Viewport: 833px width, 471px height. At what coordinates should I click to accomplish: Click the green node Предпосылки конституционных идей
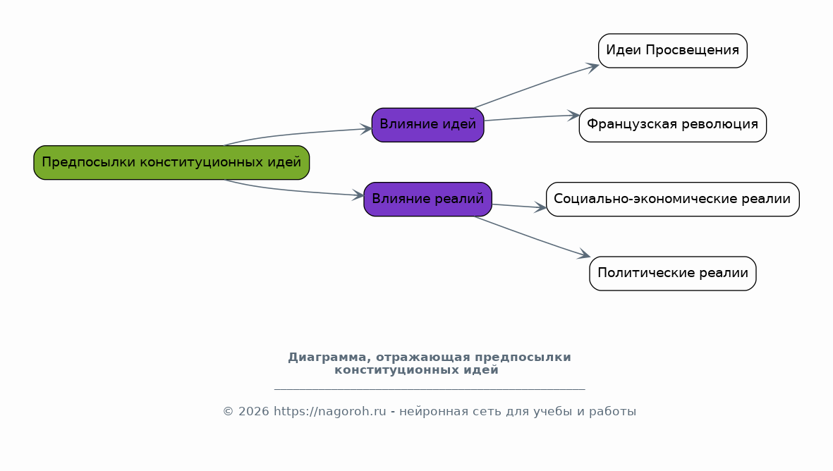tap(171, 162)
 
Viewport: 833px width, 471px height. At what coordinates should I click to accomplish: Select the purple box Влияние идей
tap(427, 125)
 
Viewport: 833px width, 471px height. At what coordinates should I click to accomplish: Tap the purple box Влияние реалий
tap(427, 199)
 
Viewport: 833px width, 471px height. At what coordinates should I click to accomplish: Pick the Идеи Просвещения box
tap(673, 51)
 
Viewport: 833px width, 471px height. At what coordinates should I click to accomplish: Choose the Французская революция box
tap(673, 125)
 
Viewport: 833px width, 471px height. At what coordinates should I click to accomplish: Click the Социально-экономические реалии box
tap(673, 199)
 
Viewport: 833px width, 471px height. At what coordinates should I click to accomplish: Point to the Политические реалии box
tap(673, 274)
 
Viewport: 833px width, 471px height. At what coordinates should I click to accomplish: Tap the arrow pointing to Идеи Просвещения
tap(537, 85)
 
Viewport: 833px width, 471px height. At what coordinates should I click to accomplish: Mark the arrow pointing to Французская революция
tap(531, 117)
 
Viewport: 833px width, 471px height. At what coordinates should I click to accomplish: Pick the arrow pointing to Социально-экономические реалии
tap(519, 206)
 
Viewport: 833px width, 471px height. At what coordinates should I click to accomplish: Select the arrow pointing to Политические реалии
tap(533, 238)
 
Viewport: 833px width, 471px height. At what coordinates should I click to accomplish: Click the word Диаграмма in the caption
tap(327, 357)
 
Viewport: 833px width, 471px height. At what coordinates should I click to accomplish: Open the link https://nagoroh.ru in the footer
tap(330, 412)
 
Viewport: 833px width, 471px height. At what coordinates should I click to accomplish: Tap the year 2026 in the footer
tap(253, 412)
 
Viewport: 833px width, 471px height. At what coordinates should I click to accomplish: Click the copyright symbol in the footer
tap(228, 412)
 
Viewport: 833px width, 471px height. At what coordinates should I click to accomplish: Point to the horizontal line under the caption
tap(430, 390)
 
